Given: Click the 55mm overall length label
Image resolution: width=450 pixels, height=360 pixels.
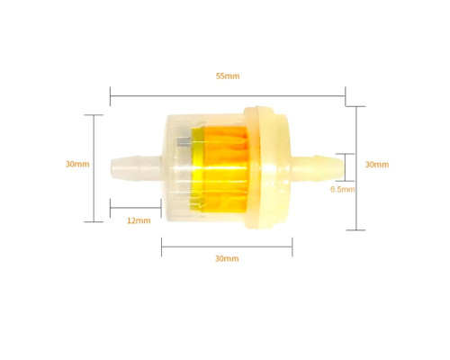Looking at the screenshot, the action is [x=228, y=76].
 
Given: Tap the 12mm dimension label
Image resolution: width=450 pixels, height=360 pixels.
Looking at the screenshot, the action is [x=139, y=220].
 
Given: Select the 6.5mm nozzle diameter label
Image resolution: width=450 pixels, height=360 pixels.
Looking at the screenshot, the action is [x=342, y=189].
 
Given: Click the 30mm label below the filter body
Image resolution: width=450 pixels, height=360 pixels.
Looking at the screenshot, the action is [x=227, y=258].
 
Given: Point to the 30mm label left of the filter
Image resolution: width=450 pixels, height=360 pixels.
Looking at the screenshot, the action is [x=77, y=164].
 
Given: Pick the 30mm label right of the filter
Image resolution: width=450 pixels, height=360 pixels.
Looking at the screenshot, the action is [x=377, y=165].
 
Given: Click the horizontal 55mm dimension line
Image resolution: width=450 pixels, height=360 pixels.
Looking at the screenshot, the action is [x=228, y=96].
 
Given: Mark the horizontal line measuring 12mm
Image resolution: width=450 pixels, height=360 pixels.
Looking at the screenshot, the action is [x=136, y=208].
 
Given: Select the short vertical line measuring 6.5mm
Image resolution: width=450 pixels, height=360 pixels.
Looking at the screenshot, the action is [x=346, y=167].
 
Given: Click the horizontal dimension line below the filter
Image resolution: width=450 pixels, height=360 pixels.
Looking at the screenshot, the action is [x=227, y=247].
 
